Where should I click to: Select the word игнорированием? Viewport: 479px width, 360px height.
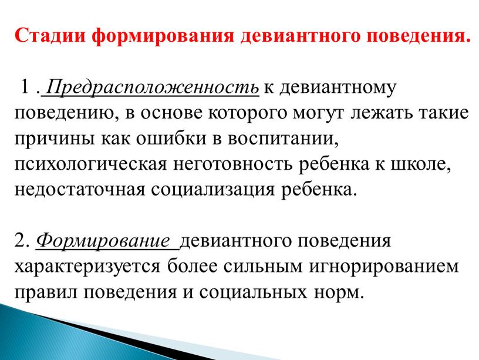[x=387, y=266]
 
